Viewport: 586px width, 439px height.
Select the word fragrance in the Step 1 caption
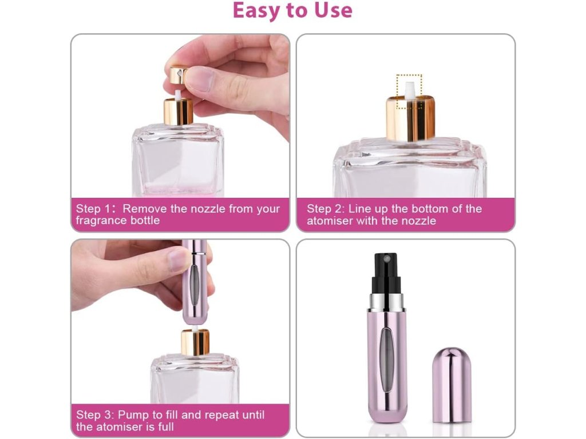tap(99, 220)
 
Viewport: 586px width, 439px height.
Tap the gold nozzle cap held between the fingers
tap(179, 75)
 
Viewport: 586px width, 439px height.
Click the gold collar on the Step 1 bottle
tap(179, 111)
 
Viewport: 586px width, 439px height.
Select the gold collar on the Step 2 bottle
tap(410, 118)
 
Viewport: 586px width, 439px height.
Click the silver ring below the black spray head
tap(387, 303)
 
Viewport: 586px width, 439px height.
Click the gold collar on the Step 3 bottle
tap(195, 342)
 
